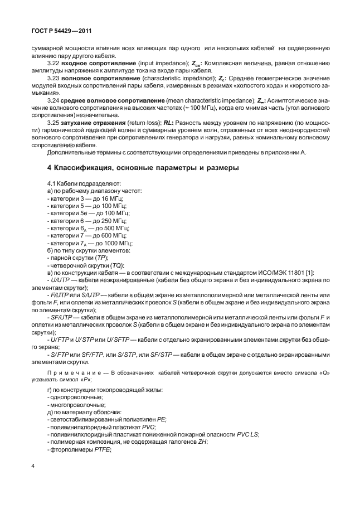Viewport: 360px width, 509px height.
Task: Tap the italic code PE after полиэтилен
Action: tap(162, 419)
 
